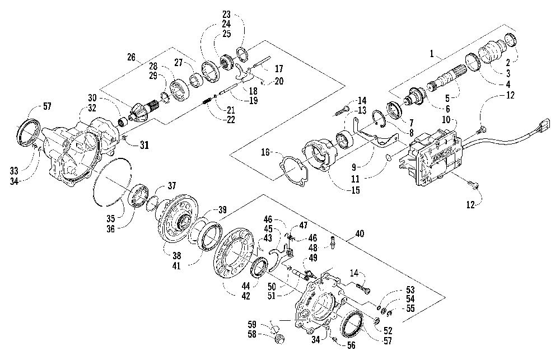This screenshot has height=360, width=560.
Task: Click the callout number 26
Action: coord(132,57)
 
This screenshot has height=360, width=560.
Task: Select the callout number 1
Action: coord(432,54)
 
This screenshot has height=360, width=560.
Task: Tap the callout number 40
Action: coord(360,234)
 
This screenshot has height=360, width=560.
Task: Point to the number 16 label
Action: coord(265,153)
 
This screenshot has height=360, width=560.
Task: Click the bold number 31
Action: coord(144,145)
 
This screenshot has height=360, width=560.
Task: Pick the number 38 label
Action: coord(176,256)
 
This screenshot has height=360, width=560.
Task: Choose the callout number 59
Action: coord(252,325)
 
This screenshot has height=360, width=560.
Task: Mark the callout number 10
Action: coord(446,120)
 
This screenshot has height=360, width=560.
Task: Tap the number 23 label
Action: coord(226,15)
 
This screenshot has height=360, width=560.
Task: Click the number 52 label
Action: coord(388,331)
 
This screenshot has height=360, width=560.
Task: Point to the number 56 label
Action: coord(352,345)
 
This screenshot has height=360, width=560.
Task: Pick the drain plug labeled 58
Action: coord(281,338)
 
